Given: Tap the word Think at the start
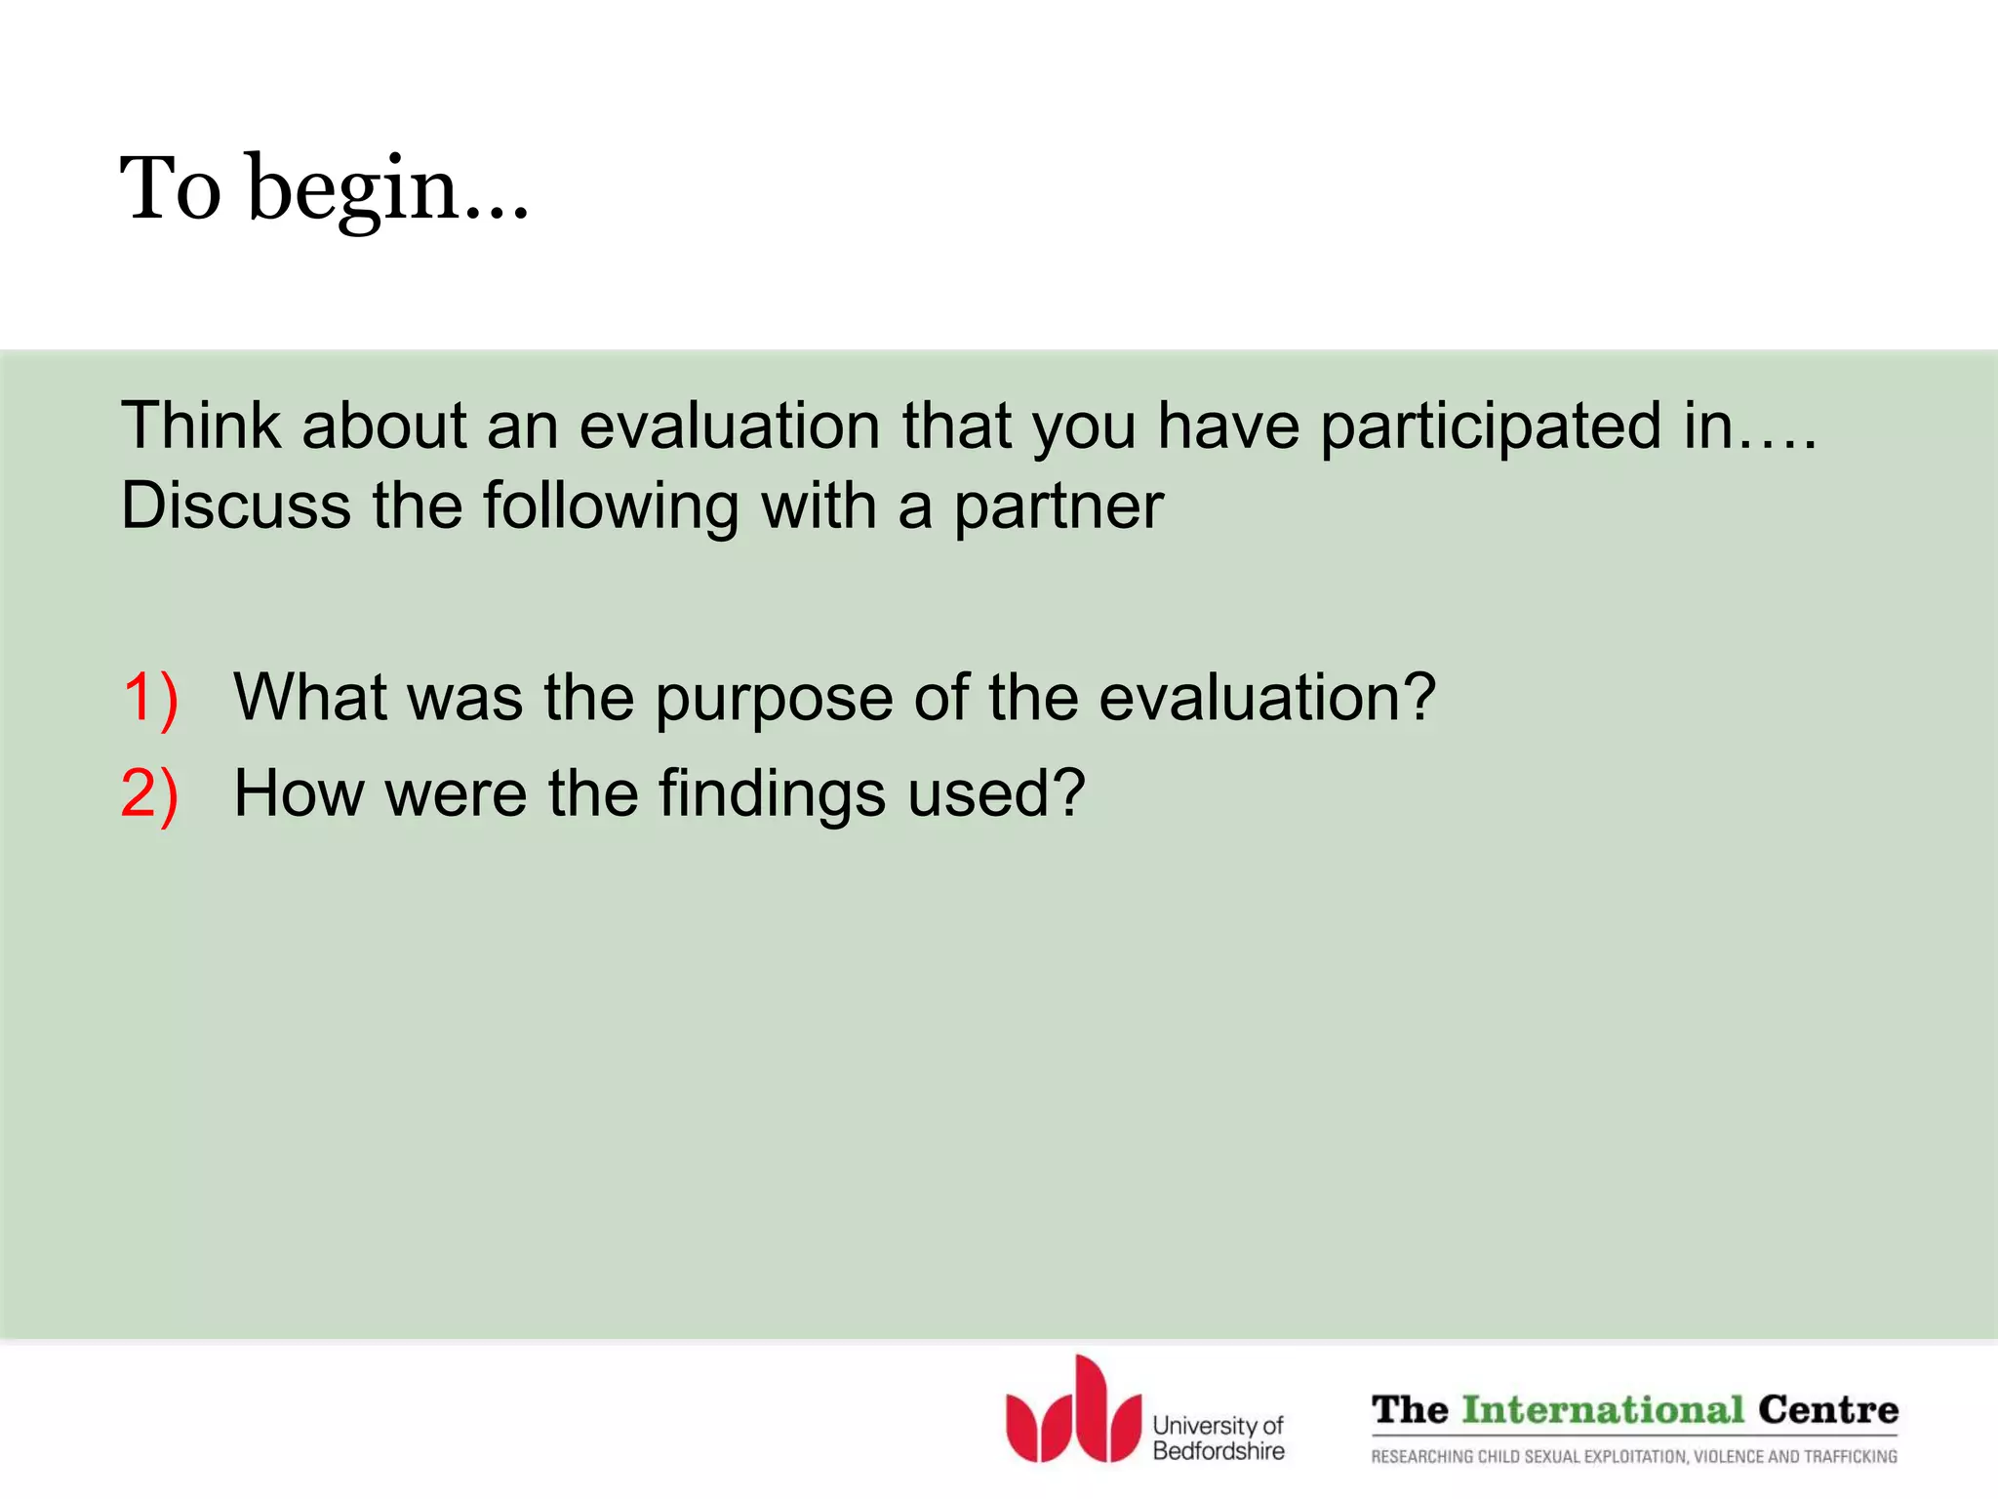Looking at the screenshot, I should point(201,426).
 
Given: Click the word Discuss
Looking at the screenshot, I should point(235,506).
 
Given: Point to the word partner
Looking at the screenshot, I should point(1058,507).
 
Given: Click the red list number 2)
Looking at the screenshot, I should point(150,792).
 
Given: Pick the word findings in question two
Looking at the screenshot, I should point(772,794).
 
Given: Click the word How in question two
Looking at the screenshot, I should point(298,792).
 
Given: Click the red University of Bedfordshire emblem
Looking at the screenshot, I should point(1072,1411).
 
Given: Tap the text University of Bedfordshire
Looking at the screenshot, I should point(1218,1438).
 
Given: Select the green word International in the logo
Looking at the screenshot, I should point(1602,1409).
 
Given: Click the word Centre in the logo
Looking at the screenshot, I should point(1827,1409).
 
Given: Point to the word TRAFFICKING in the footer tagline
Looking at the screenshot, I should point(1851,1456).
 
